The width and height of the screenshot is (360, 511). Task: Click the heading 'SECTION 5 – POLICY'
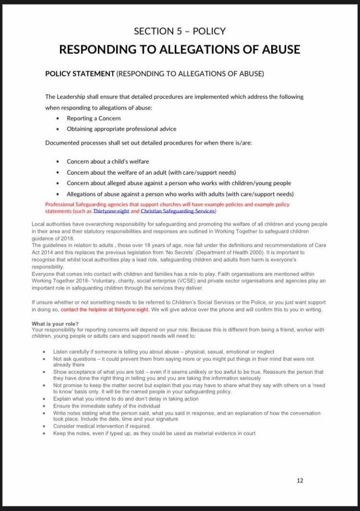(180, 31)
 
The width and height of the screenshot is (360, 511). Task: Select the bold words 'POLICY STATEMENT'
(80, 74)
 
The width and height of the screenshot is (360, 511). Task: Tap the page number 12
(300, 481)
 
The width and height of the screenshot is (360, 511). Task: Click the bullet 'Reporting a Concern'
(94, 118)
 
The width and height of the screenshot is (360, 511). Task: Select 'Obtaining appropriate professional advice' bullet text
(121, 129)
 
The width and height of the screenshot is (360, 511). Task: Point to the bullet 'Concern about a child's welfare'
(108, 161)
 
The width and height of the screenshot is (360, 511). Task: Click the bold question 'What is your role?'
(54, 324)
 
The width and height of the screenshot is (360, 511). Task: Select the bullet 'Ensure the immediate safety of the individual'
(107, 406)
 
